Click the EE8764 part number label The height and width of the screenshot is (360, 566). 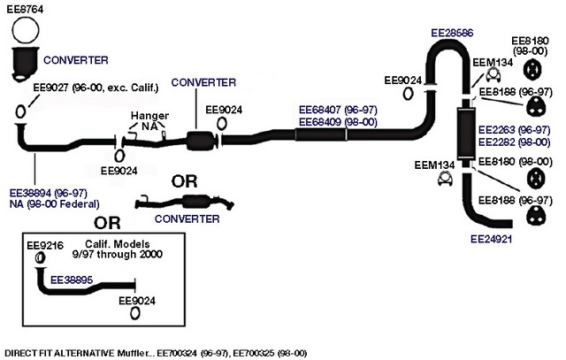(25, 9)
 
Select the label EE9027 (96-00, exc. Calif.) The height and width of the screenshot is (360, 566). (96, 88)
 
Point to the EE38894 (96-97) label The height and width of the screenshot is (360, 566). (49, 193)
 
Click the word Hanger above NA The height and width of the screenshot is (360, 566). (149, 116)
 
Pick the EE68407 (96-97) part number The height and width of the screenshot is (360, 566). (338, 110)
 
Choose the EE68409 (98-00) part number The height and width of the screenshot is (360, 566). (338, 122)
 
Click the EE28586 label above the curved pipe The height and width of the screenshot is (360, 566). (452, 33)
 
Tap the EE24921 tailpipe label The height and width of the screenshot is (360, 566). (492, 239)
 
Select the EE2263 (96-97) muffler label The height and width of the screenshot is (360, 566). (515, 130)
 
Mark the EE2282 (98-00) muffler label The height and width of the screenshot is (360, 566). (515, 142)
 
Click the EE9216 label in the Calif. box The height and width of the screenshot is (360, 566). (45, 246)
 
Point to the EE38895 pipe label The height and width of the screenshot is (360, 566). (72, 280)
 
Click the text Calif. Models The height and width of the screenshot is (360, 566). (118, 244)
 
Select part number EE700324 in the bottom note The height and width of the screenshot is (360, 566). (177, 353)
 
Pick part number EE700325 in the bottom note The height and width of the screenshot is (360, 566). (253, 353)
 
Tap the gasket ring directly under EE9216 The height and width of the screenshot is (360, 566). (40, 257)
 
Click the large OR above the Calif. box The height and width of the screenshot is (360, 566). (107, 223)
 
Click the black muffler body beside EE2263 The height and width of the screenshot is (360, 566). (466, 134)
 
